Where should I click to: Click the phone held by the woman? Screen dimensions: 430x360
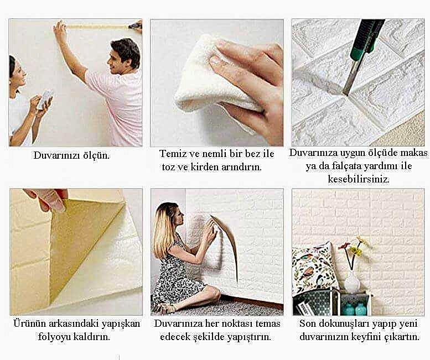[x=45, y=100]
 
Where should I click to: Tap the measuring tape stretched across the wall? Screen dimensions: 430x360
[x=97, y=27]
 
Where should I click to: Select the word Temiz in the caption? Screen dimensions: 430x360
[x=170, y=153]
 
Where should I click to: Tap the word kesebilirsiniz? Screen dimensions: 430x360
[x=359, y=179]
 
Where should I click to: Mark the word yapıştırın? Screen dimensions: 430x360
[x=249, y=337]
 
